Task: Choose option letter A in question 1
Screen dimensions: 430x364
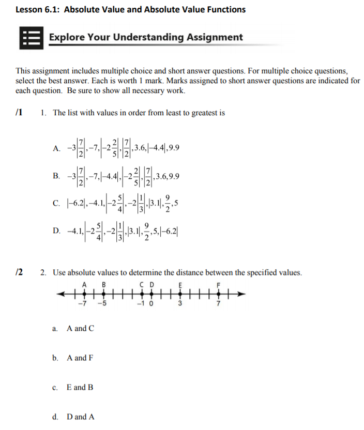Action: (x=57, y=148)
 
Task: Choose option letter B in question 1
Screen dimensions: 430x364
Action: (x=57, y=176)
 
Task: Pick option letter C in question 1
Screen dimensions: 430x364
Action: (x=57, y=204)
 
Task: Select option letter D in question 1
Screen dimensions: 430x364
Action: (x=57, y=231)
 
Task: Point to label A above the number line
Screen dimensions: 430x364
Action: (x=84, y=284)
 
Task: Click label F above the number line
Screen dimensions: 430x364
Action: (x=218, y=284)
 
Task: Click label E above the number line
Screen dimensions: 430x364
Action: (x=180, y=284)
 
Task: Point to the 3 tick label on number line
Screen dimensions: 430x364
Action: (x=180, y=303)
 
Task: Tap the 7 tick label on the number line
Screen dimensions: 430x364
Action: (x=218, y=303)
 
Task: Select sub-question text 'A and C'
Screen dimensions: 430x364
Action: (x=80, y=328)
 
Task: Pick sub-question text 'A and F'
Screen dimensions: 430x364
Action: (x=80, y=358)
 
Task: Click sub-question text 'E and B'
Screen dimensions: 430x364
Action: (x=80, y=387)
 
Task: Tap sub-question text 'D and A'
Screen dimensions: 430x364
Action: (x=81, y=417)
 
